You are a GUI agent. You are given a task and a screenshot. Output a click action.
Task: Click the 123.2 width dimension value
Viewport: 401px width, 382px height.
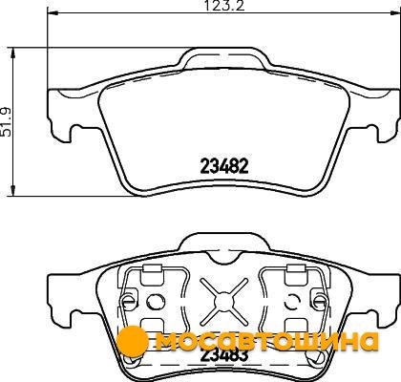(x=224, y=6)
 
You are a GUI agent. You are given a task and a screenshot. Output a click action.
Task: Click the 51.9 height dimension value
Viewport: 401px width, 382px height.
(x=6, y=122)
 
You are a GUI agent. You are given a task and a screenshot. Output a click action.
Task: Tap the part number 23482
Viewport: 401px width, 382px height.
(x=224, y=166)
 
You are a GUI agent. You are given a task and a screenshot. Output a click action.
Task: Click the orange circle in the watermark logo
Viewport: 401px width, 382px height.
(x=133, y=342)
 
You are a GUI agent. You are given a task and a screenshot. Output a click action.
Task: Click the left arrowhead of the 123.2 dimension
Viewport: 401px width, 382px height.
(x=53, y=13)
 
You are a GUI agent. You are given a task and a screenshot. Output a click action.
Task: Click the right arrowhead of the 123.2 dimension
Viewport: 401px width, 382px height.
(x=395, y=13)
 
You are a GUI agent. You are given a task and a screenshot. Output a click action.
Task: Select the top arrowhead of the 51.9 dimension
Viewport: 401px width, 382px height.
(x=13, y=53)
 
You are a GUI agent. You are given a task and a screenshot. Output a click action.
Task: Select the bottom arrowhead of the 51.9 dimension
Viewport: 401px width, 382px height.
(x=13, y=191)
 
